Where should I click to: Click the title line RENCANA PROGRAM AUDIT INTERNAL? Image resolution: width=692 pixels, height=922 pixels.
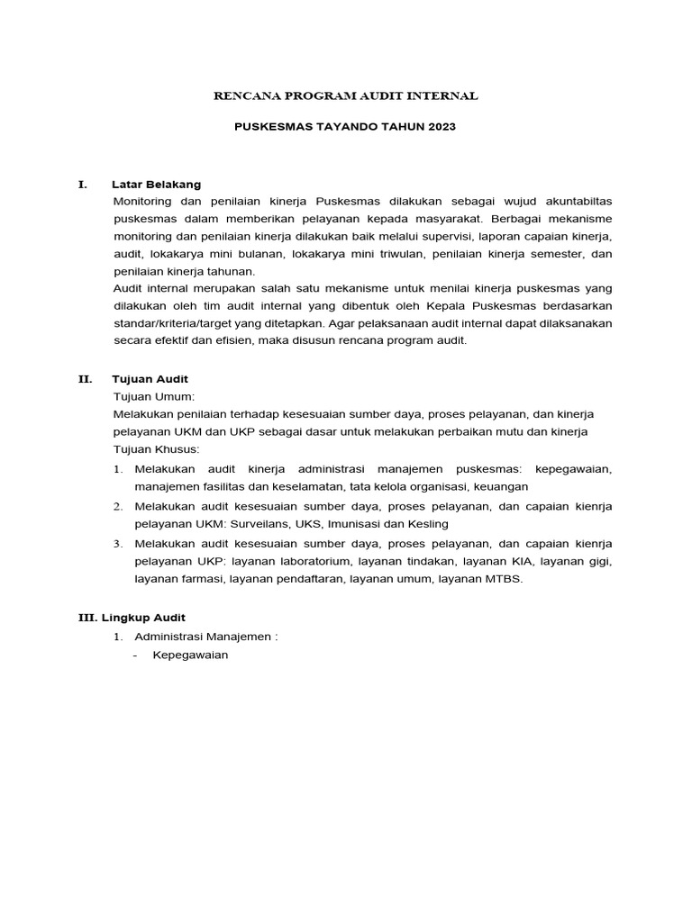pos(345,95)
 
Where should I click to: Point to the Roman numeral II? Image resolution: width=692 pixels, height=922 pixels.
pos(85,379)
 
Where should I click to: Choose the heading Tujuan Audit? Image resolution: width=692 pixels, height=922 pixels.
pos(150,379)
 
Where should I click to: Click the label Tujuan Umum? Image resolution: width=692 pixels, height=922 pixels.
pos(153,396)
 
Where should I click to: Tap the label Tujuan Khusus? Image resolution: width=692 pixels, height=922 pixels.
pos(156,448)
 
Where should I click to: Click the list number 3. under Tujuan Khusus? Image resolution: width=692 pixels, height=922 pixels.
pos(118,544)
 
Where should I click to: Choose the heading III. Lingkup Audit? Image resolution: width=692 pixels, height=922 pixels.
pos(132,618)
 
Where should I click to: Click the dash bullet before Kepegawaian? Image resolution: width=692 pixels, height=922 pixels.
pos(135,655)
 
